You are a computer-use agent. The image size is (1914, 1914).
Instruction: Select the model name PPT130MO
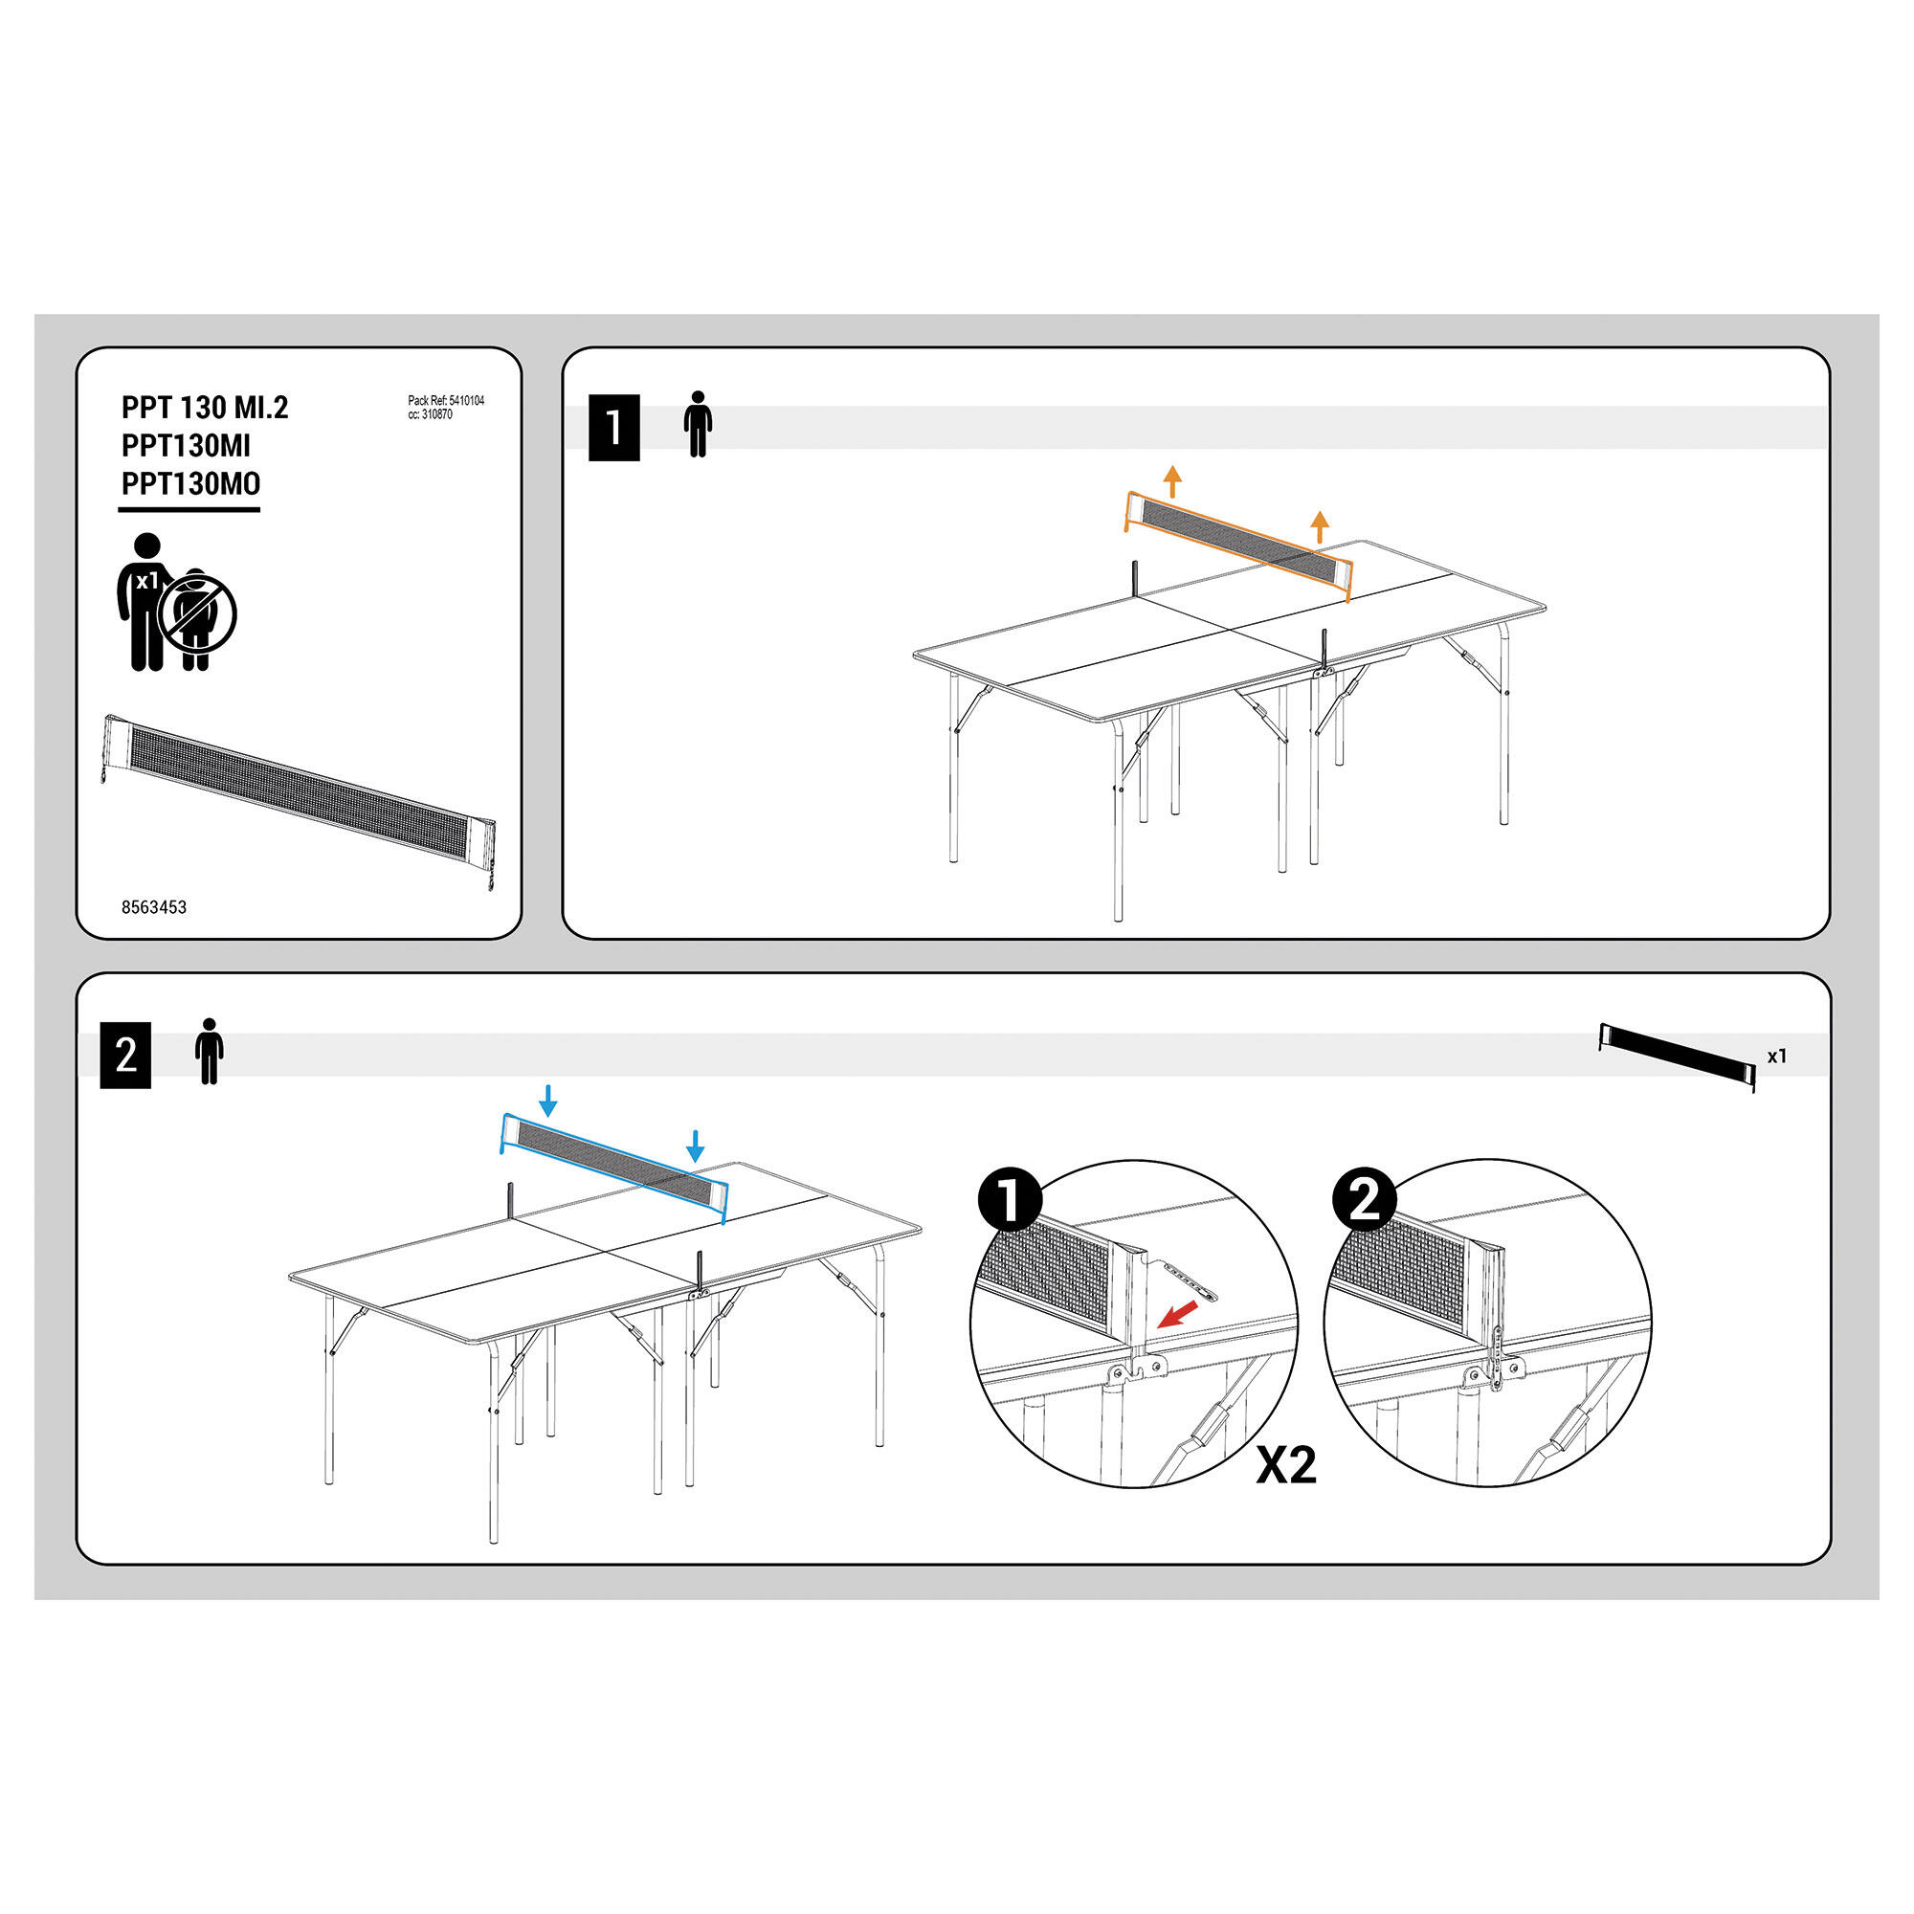click(x=191, y=483)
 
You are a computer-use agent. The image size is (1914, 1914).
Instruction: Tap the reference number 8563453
click(x=153, y=907)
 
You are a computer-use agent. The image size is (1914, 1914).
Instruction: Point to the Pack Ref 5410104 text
click(x=446, y=401)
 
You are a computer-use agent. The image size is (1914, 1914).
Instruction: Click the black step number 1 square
click(x=614, y=428)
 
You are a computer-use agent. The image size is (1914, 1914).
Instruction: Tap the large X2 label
click(x=1286, y=1466)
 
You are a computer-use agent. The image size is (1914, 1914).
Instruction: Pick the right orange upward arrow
click(x=1320, y=527)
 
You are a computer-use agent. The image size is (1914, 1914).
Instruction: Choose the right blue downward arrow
click(x=696, y=1146)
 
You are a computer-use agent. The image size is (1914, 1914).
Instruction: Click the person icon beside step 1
click(x=699, y=424)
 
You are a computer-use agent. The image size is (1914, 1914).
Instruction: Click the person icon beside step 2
click(x=209, y=1051)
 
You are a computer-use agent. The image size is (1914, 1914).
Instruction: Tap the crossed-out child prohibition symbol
click(x=198, y=615)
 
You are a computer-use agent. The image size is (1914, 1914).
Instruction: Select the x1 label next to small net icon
click(x=1777, y=1057)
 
